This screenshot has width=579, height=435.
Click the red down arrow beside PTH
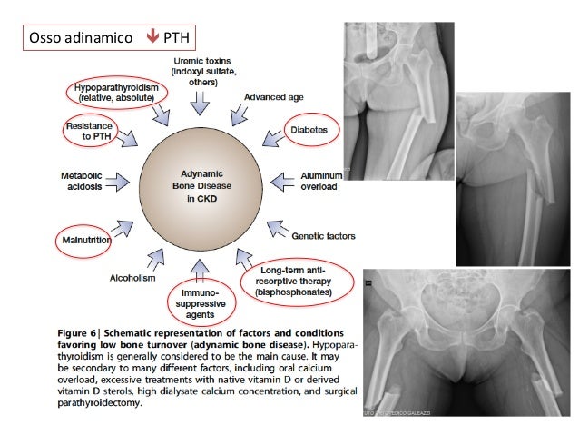point(152,38)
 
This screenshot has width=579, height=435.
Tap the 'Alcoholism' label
point(134,279)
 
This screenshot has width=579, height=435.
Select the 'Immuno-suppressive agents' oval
point(196,302)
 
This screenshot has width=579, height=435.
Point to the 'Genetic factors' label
point(323,236)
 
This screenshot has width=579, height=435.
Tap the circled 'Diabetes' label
point(309,130)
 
